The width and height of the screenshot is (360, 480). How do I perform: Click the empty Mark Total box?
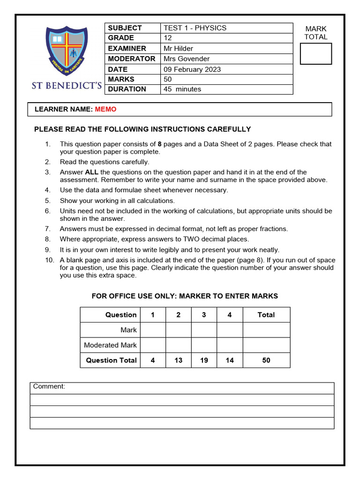[x=315, y=53]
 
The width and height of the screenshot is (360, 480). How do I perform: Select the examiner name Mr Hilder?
[x=178, y=48]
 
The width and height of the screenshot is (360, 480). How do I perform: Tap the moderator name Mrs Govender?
[x=187, y=59]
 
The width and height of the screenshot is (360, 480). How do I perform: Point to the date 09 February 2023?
[x=192, y=69]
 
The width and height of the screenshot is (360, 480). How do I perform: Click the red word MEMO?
[x=105, y=109]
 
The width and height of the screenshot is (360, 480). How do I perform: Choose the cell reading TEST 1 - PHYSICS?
[x=195, y=28]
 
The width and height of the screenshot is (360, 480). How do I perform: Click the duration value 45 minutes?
[x=182, y=89]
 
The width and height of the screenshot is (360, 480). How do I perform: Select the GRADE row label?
[x=121, y=38]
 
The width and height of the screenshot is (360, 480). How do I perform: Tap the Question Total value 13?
[x=178, y=360]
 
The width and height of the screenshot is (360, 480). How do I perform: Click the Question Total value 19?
[x=204, y=360]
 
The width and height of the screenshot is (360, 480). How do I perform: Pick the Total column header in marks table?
[x=266, y=315]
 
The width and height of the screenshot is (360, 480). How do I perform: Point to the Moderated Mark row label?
[x=110, y=345]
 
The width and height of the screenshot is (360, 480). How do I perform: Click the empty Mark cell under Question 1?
[x=153, y=330]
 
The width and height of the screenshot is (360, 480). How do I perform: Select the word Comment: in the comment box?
[x=49, y=387]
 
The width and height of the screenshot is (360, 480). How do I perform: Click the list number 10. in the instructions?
[x=50, y=260]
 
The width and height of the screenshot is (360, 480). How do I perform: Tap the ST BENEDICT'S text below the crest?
[x=67, y=86]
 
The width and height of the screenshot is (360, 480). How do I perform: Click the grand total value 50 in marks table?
[x=266, y=360]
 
